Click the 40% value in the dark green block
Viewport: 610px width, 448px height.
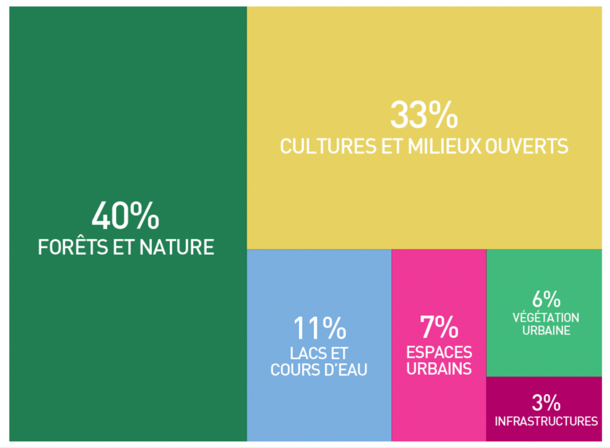click(125, 215)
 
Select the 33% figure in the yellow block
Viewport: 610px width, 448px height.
click(424, 115)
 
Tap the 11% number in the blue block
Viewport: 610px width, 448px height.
click(320, 328)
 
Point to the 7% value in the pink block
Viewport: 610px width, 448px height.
click(439, 327)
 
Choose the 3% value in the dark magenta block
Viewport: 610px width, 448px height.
click(546, 403)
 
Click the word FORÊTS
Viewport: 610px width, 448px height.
click(73, 247)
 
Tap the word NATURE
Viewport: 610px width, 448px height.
click(176, 247)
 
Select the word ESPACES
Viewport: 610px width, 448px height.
click(439, 352)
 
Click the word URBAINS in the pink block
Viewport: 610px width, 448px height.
click(439, 369)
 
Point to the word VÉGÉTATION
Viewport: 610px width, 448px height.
click(546, 318)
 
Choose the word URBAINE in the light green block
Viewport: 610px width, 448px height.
click(546, 331)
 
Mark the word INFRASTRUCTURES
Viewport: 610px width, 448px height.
click(546, 421)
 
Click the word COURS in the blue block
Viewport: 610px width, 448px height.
click(294, 370)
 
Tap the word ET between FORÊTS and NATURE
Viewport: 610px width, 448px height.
click(124, 247)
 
